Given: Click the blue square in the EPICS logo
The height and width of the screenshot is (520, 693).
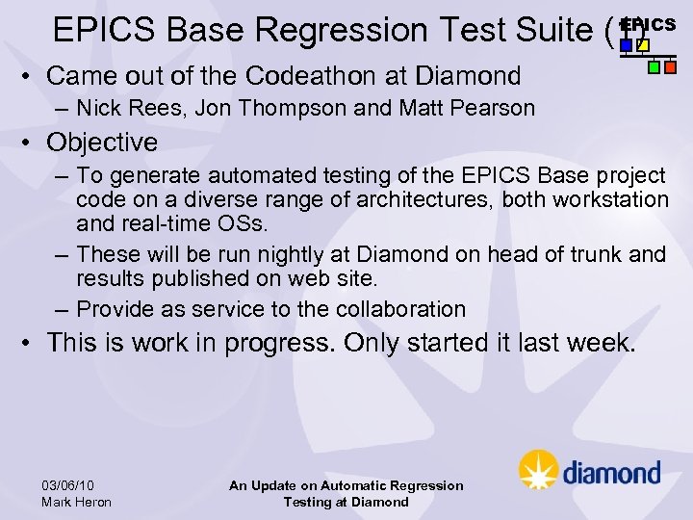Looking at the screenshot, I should point(627,45).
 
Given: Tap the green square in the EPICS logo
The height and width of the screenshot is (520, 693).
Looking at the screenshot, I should point(654,67).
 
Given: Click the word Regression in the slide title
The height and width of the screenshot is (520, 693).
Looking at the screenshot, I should point(339,30).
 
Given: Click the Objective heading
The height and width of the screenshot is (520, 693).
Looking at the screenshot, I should point(102,143).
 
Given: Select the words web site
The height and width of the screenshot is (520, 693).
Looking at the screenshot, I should point(338,278).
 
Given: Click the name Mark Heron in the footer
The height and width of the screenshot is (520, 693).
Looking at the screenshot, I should point(77,502).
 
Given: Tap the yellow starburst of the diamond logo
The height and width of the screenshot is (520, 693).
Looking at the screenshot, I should point(538,471).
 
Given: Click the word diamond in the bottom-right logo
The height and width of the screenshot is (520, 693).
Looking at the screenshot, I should point(611,473).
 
